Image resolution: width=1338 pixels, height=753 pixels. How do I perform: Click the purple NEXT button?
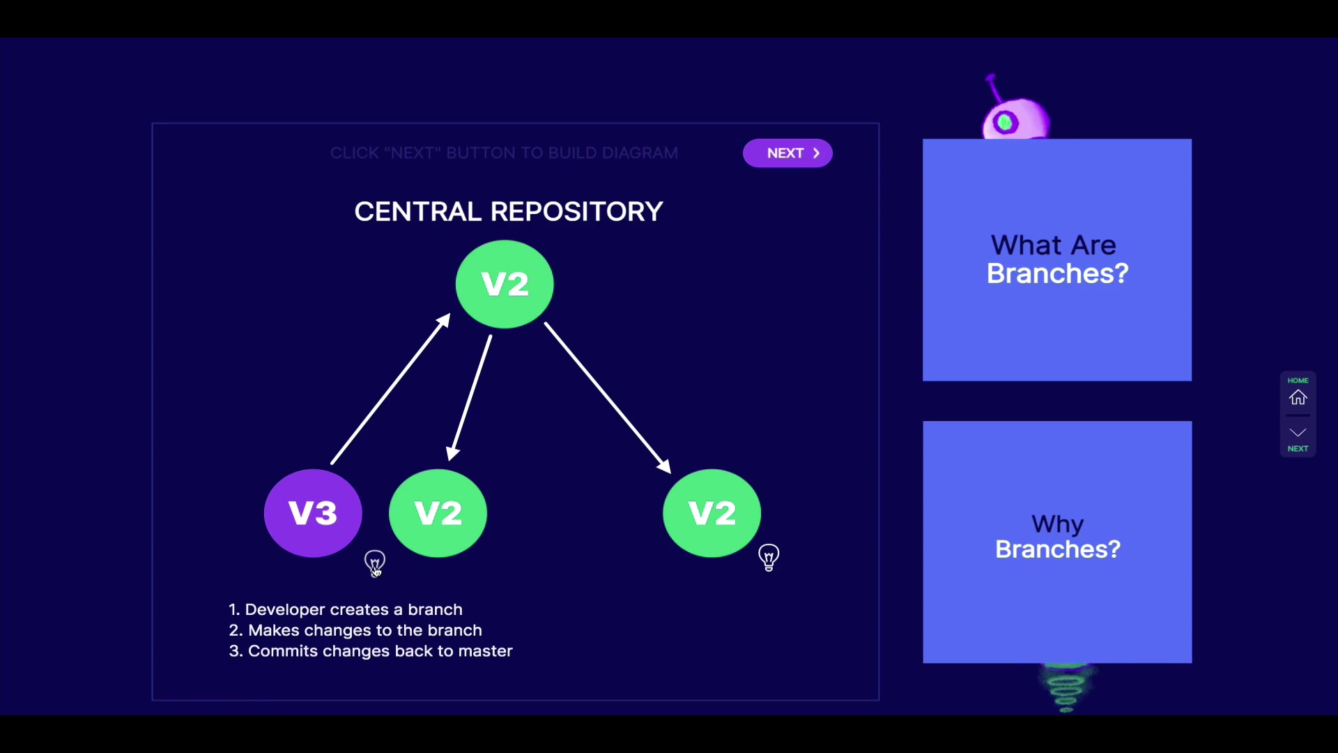787,153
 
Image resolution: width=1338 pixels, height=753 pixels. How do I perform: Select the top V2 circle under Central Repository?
505,284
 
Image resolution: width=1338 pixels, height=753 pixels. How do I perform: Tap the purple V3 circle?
313,513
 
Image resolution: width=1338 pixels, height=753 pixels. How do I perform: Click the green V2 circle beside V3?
438,513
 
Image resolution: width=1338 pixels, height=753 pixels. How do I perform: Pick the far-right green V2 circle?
712,513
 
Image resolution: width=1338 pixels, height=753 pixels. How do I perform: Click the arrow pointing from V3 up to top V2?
390,389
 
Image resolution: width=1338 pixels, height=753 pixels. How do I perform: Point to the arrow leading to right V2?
607,397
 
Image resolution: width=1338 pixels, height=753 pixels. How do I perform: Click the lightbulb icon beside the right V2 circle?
769,557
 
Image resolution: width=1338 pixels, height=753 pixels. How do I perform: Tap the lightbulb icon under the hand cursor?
375,561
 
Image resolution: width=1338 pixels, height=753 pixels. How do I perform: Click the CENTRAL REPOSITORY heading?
509,211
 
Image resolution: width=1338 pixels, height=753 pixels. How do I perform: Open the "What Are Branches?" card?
1057,260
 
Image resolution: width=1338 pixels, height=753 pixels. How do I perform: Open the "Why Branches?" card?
1057,542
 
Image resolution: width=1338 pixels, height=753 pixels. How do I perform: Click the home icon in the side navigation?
1298,397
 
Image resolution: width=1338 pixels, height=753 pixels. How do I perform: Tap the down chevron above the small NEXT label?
1298,432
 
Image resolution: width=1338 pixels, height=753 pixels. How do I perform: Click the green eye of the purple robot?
1005,123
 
